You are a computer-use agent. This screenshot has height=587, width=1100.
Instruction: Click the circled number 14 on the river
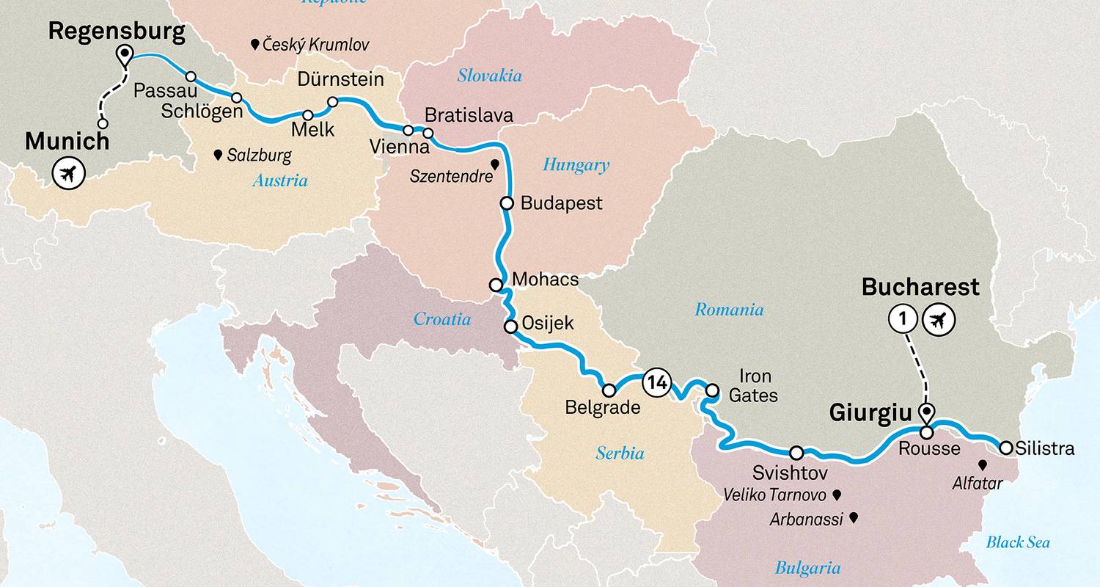tap(656, 382)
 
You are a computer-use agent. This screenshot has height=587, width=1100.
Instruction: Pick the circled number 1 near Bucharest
tap(903, 319)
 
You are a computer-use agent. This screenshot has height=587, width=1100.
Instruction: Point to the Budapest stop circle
tap(506, 203)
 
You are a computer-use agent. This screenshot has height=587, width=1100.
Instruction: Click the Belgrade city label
tap(603, 408)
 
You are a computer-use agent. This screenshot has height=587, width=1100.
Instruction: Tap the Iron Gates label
tap(753, 386)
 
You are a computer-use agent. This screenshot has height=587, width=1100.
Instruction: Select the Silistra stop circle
tap(1006, 447)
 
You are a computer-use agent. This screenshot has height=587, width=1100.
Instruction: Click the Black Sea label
tap(1018, 542)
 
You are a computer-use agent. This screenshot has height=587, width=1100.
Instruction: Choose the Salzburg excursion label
tap(259, 156)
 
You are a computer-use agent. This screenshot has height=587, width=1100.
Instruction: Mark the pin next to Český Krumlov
tap(254, 45)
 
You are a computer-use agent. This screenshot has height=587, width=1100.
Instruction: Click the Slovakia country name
tap(489, 76)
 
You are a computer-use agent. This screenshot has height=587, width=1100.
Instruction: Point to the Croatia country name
tap(442, 318)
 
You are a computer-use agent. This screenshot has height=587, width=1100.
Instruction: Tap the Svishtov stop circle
tap(796, 452)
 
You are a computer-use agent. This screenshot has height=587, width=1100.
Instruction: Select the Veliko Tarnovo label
tap(774, 495)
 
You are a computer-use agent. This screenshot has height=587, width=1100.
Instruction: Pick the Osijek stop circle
tap(510, 326)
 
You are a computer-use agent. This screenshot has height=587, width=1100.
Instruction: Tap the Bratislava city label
tap(469, 115)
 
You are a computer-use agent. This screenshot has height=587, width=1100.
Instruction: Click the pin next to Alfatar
tap(982, 464)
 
